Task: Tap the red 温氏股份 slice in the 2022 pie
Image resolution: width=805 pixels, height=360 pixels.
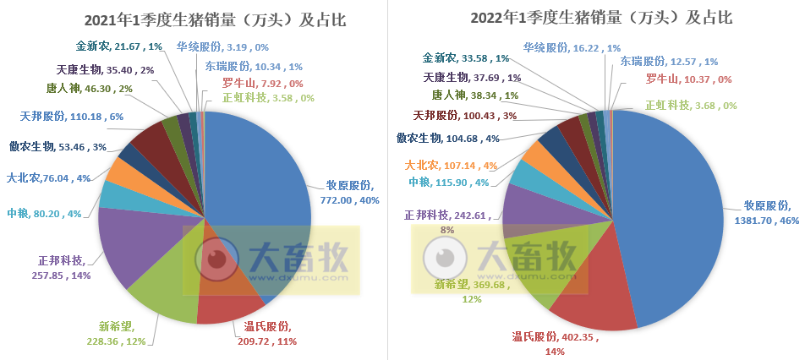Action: click(592, 296)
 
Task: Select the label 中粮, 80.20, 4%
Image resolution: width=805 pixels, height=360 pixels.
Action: click(44, 214)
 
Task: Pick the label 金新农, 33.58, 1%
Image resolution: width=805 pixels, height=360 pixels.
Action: click(465, 58)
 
